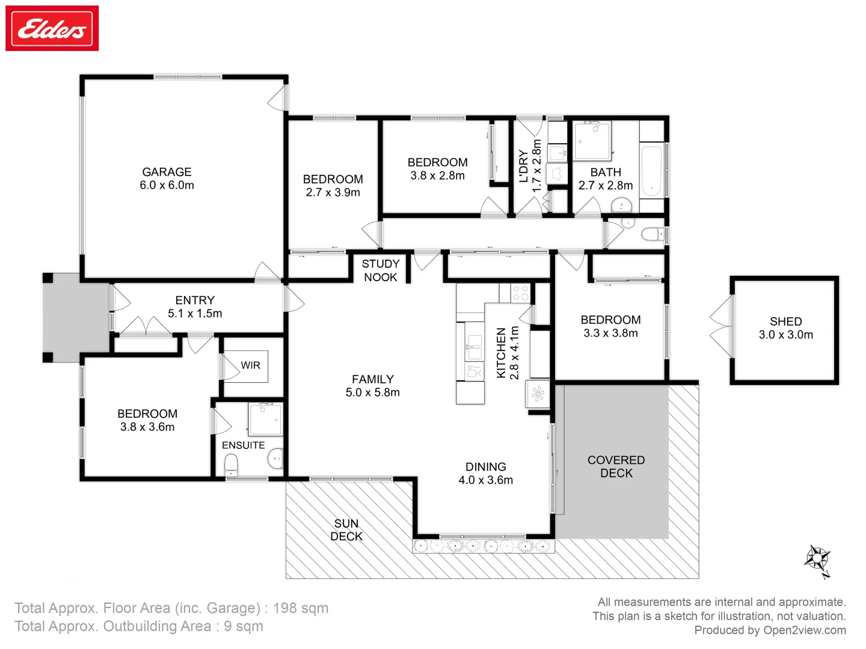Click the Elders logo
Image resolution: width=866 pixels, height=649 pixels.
(x=52, y=29)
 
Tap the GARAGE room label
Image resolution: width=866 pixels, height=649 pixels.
(x=167, y=172)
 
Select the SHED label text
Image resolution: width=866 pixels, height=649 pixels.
(x=785, y=321)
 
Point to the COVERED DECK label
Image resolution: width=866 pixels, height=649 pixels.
(x=616, y=466)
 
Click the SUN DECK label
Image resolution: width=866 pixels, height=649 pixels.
(x=346, y=530)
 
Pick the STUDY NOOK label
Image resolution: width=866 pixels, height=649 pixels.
(x=380, y=270)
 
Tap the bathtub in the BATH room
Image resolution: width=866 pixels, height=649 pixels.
(x=651, y=171)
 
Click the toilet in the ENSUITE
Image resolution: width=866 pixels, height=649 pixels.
(x=231, y=464)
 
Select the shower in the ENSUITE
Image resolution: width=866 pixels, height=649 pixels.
(x=265, y=419)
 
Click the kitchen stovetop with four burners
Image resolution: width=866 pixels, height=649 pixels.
(x=520, y=293)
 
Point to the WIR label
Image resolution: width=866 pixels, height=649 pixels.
(x=250, y=365)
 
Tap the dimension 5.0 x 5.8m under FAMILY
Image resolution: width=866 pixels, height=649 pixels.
(x=372, y=392)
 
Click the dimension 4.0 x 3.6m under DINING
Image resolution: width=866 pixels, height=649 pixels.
(x=485, y=480)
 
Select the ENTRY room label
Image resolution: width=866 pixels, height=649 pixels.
(x=195, y=300)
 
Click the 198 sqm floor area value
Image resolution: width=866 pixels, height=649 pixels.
(x=300, y=608)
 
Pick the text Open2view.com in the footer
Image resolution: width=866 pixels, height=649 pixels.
(x=804, y=630)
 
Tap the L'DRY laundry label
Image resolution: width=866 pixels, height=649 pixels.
(x=523, y=166)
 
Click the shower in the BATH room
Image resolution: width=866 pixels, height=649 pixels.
(x=592, y=141)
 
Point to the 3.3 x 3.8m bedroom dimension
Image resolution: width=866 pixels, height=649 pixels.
(x=610, y=333)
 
